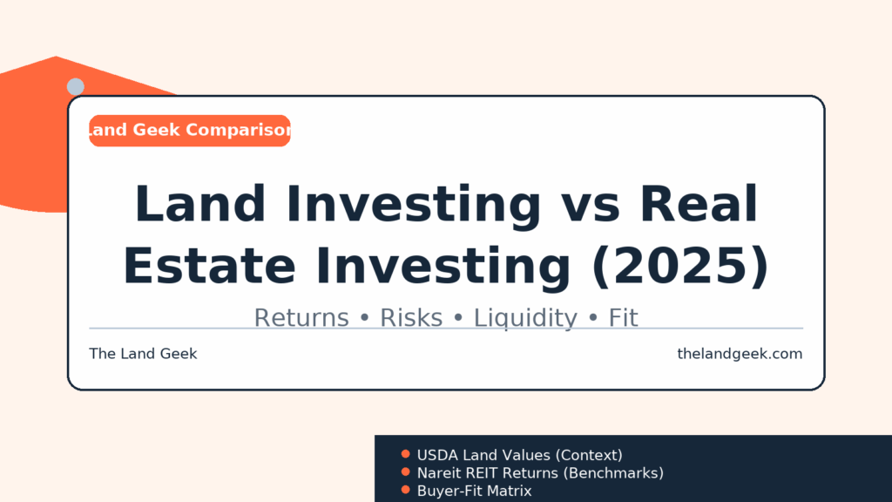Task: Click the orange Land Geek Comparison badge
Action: pyautogui.click(x=189, y=131)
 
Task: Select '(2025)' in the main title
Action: pyautogui.click(x=680, y=266)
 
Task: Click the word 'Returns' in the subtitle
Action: pyautogui.click(x=301, y=317)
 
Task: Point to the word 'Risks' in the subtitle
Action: pyautogui.click(x=411, y=317)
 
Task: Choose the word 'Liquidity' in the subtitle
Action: pyautogui.click(x=525, y=318)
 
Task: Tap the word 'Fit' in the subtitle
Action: pyautogui.click(x=624, y=317)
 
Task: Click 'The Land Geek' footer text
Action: pyautogui.click(x=143, y=354)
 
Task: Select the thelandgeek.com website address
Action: pyautogui.click(x=740, y=354)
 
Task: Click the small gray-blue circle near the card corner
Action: pyautogui.click(x=76, y=86)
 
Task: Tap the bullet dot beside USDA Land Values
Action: pyautogui.click(x=406, y=453)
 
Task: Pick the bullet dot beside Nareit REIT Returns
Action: pyautogui.click(x=406, y=471)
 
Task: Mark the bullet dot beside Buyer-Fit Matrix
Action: pyautogui.click(x=406, y=490)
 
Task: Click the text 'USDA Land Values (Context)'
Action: pyautogui.click(x=519, y=455)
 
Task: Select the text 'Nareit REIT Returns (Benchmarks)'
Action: pyautogui.click(x=540, y=473)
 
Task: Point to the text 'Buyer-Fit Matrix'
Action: pyautogui.click(x=475, y=491)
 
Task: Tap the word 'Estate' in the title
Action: pyautogui.click(x=209, y=266)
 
